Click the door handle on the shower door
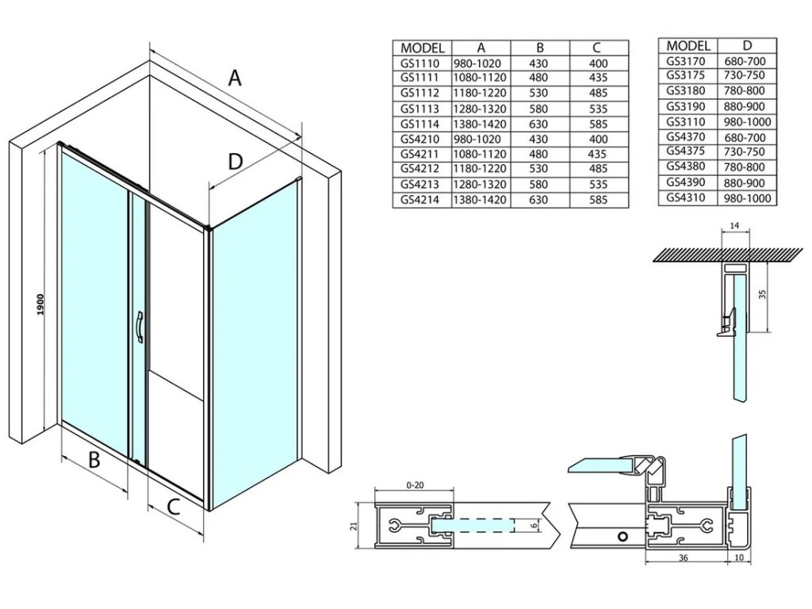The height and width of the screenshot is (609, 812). [140, 327]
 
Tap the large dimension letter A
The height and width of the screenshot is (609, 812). [234, 78]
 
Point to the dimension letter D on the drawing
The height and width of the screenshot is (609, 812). [234, 162]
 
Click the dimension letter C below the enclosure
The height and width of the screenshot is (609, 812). [174, 507]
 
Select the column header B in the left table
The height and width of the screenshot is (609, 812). [539, 48]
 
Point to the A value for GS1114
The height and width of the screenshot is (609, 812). [480, 124]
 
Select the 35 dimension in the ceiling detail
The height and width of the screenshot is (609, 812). [763, 294]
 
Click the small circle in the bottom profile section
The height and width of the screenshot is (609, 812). [623, 537]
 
